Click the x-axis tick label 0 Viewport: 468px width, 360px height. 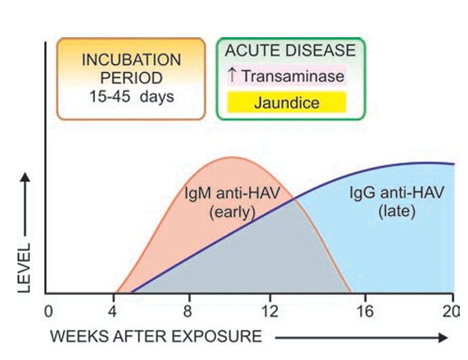tap(48, 312)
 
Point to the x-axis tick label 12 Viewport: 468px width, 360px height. tap(269, 312)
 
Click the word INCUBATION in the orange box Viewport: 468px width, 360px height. tap(131, 59)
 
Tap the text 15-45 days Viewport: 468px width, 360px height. tap(131, 95)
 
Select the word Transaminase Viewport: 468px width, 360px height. tap(293, 75)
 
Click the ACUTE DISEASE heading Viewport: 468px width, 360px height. tap(289, 50)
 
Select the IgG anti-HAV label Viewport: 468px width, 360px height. tap(397, 194)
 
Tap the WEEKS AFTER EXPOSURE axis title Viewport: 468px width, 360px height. tap(156, 336)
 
